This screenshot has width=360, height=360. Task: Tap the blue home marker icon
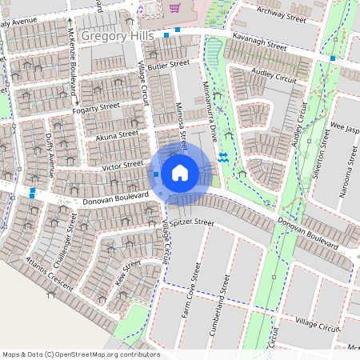tap(180, 173)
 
